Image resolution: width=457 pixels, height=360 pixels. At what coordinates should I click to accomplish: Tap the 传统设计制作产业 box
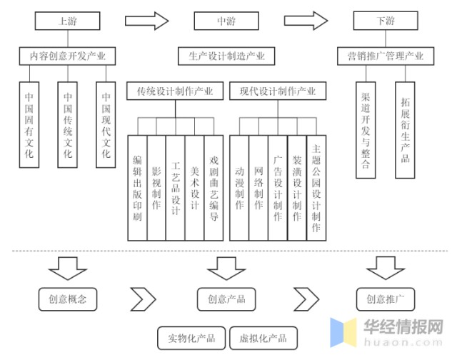(x=175, y=91)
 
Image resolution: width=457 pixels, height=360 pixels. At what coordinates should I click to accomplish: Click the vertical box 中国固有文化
(x=29, y=125)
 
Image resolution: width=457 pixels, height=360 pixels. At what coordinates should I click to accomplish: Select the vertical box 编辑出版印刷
(x=137, y=187)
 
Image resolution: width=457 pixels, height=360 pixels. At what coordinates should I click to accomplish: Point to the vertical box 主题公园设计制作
(x=316, y=187)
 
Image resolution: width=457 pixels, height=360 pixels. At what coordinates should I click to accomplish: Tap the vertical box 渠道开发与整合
(x=366, y=129)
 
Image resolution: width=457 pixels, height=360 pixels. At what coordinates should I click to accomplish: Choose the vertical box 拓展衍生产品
(x=405, y=129)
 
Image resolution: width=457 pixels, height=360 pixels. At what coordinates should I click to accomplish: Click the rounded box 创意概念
(x=68, y=299)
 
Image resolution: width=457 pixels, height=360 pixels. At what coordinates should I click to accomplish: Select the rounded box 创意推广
(x=386, y=299)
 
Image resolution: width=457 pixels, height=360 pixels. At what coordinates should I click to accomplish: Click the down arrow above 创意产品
(x=226, y=268)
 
